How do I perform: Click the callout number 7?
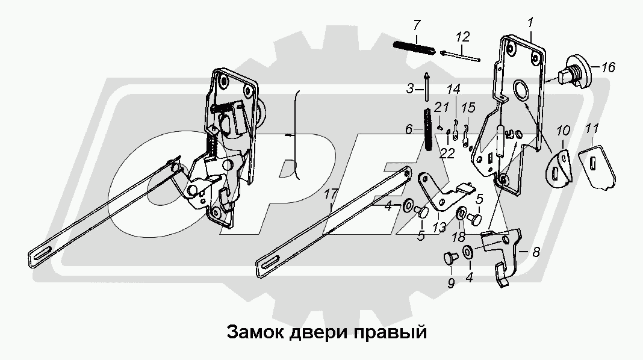coord(417,25)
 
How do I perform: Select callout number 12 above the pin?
coord(461,37)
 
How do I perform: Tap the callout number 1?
coord(530,23)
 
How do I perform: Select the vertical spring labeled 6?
coord(427,129)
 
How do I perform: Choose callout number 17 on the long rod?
coord(329,194)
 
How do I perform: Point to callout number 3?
coord(409,88)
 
